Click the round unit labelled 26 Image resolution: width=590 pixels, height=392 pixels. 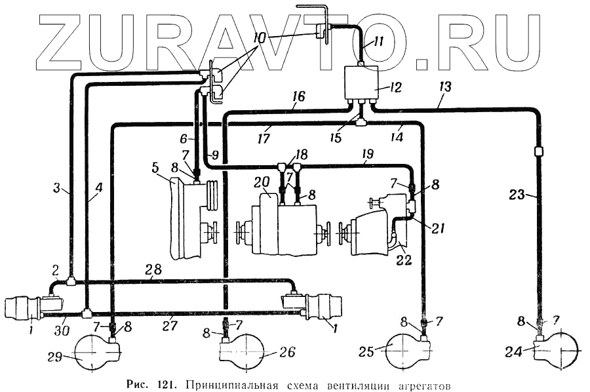pos(243,354)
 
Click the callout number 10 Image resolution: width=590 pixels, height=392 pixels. pos(259,39)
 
